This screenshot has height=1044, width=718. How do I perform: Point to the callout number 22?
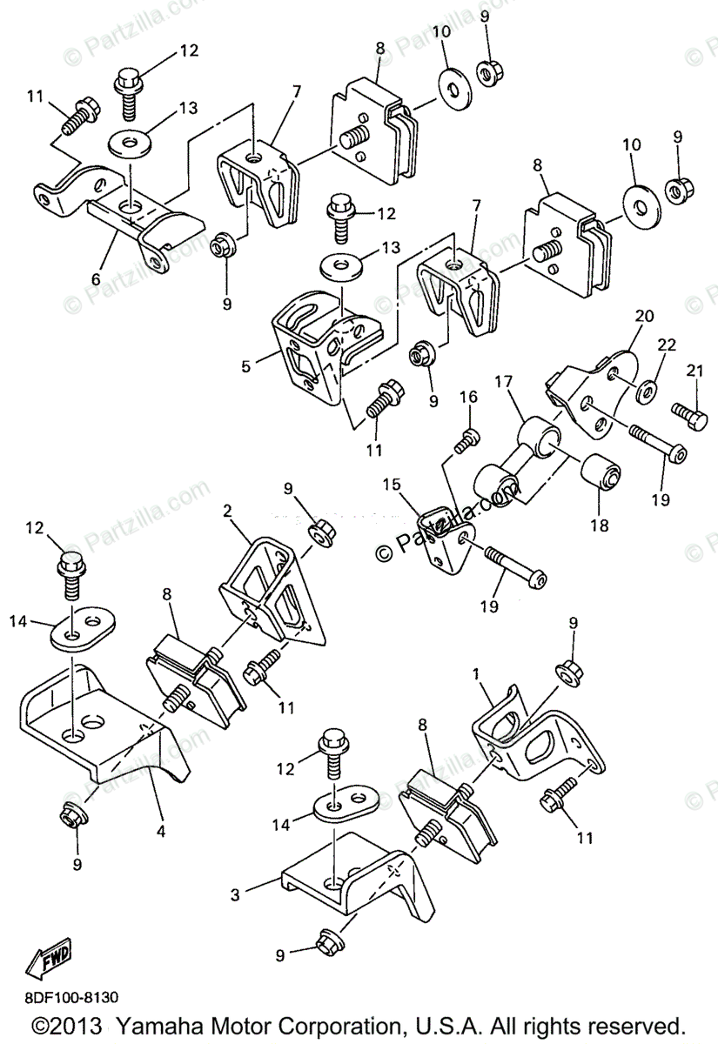point(666,346)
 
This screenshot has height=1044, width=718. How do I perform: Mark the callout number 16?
point(469,397)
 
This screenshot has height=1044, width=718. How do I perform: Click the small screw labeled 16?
point(466,440)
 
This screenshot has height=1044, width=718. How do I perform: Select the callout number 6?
point(94,280)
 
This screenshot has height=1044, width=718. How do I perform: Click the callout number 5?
point(246,366)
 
